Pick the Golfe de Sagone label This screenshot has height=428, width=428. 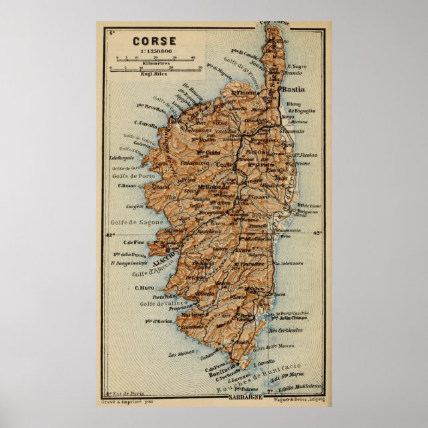point(138,222)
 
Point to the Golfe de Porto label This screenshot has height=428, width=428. point(130,176)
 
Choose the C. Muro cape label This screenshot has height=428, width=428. point(144,288)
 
